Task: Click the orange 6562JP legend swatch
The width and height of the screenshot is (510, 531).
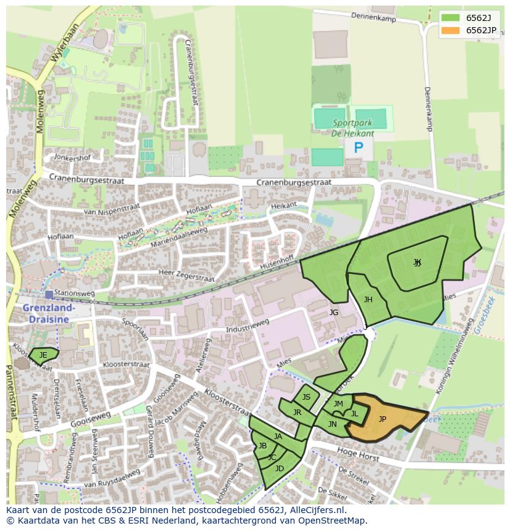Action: (451, 30)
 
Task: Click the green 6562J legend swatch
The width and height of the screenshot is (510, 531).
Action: (451, 17)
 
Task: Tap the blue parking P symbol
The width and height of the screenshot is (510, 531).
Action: (358, 147)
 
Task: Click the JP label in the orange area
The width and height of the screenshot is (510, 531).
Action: (382, 419)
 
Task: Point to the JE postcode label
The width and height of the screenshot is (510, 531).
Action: (43, 355)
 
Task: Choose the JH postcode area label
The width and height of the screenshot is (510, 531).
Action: (368, 300)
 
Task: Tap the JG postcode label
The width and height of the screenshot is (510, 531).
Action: (334, 313)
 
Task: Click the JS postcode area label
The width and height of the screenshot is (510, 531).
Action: (306, 397)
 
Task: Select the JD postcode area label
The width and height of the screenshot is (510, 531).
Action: (280, 469)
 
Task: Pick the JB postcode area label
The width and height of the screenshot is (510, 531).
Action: (262, 446)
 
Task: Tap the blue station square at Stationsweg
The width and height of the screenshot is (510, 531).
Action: (49, 295)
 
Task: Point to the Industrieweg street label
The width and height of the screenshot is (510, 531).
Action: (248, 325)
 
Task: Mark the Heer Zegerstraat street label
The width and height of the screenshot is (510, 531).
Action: (187, 275)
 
